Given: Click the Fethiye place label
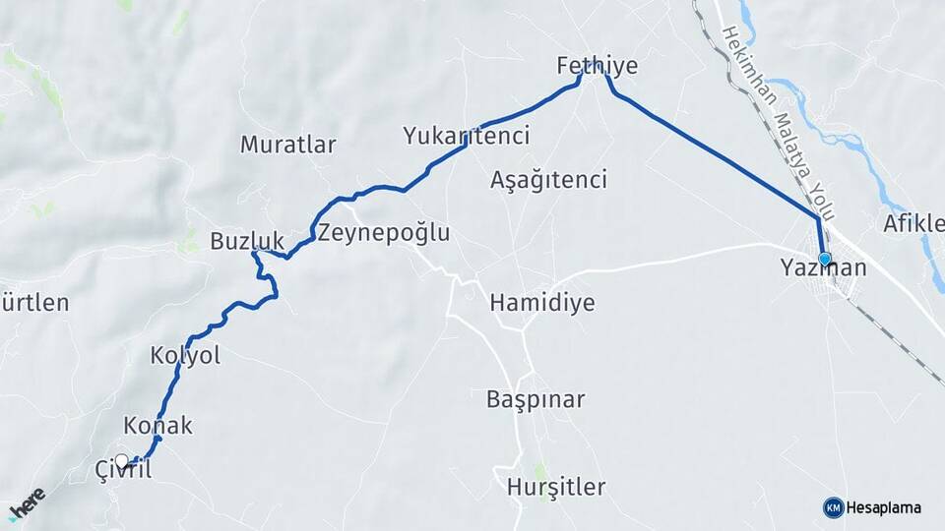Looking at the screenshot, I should (x=597, y=66).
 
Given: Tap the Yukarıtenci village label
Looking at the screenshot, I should (x=466, y=136).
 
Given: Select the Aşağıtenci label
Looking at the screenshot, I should (x=547, y=180).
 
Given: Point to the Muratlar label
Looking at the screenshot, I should (x=287, y=145).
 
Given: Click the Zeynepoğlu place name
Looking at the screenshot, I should (x=383, y=233).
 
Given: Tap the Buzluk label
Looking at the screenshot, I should (x=246, y=240).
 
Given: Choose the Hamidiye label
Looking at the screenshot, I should (x=541, y=302).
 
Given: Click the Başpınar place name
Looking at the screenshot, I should (x=535, y=399).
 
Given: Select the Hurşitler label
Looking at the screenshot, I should (x=555, y=487).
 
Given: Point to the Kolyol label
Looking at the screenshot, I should (x=185, y=355).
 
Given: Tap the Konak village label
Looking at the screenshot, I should (x=157, y=426).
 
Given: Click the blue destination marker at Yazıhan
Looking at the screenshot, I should (x=824, y=259).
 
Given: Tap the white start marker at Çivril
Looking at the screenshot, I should (x=121, y=460).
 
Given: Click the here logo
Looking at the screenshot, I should (x=27, y=504).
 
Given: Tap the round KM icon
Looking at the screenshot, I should (x=833, y=507).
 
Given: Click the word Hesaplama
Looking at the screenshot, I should (x=883, y=507).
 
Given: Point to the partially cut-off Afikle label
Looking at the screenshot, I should (x=913, y=222).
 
